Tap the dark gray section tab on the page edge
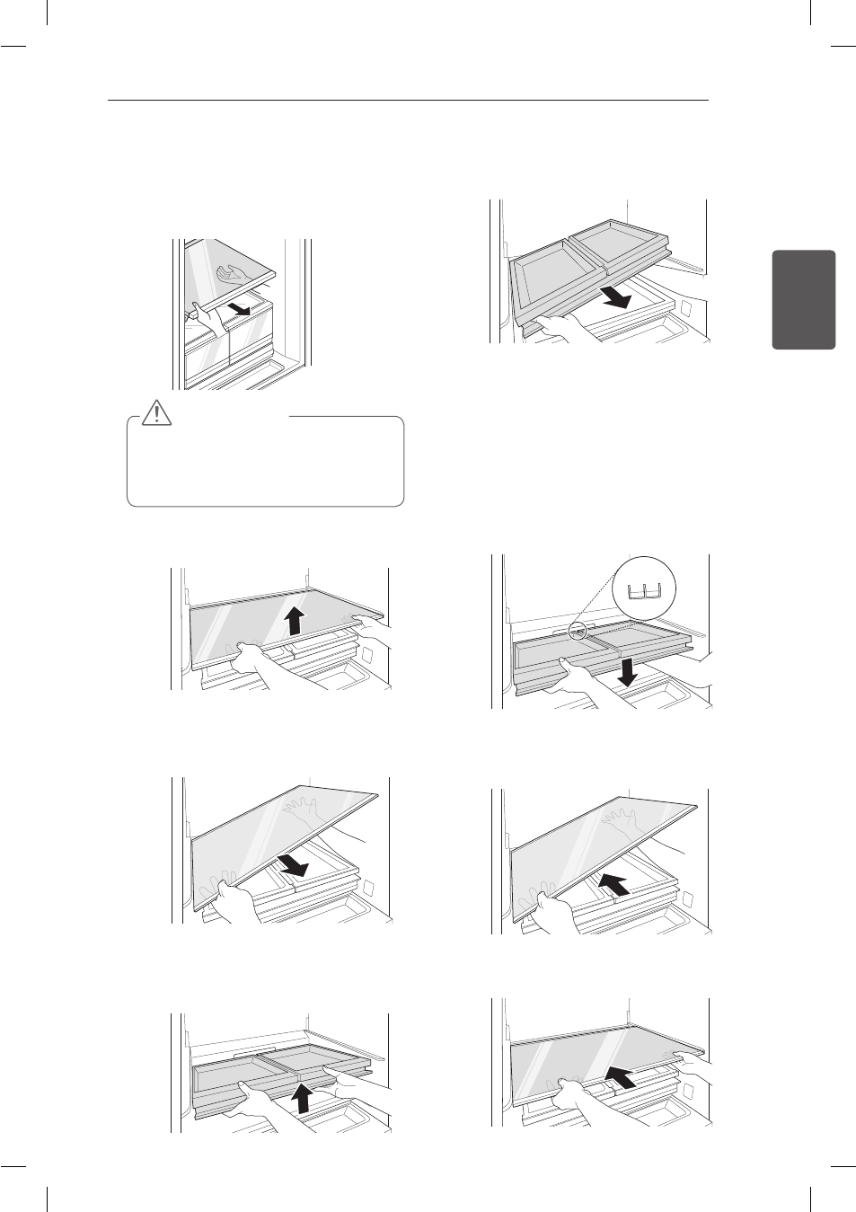[803, 299]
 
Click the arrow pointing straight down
[630, 670]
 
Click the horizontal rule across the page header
[408, 101]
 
